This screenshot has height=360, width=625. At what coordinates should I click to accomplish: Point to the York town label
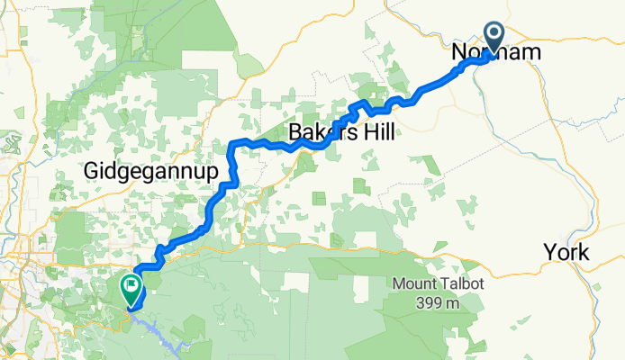click(x=566, y=253)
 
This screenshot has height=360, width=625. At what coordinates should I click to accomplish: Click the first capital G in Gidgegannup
click(x=91, y=170)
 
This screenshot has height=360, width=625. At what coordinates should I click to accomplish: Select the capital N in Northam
click(x=458, y=54)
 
